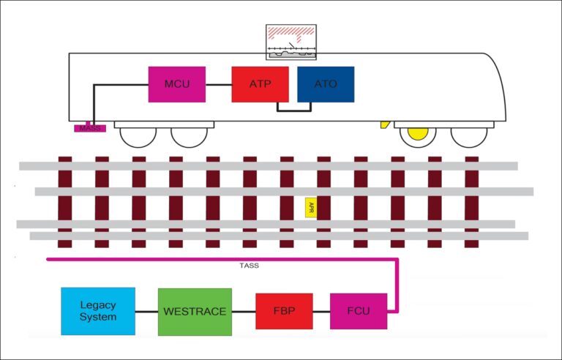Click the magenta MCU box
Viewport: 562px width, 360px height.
coord(176,84)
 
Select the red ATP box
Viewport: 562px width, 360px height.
coord(261,84)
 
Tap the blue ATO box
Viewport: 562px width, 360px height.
coord(326,84)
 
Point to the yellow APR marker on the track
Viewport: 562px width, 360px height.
coord(311,207)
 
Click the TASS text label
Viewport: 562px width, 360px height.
coord(249,266)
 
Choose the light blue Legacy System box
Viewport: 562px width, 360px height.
coord(97,311)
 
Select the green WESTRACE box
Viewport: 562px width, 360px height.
coord(194,311)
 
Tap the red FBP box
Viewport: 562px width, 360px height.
coord(284,311)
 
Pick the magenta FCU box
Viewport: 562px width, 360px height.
coord(358,311)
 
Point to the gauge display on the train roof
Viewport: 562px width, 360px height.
coord(293,42)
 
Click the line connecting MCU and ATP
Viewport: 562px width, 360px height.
coord(219,84)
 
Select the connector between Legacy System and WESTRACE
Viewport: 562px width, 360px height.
coord(146,312)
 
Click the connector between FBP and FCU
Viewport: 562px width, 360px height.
coord(321,312)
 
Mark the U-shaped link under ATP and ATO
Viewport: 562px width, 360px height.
coord(293,110)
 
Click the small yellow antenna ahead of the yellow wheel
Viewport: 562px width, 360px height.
coord(383,125)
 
